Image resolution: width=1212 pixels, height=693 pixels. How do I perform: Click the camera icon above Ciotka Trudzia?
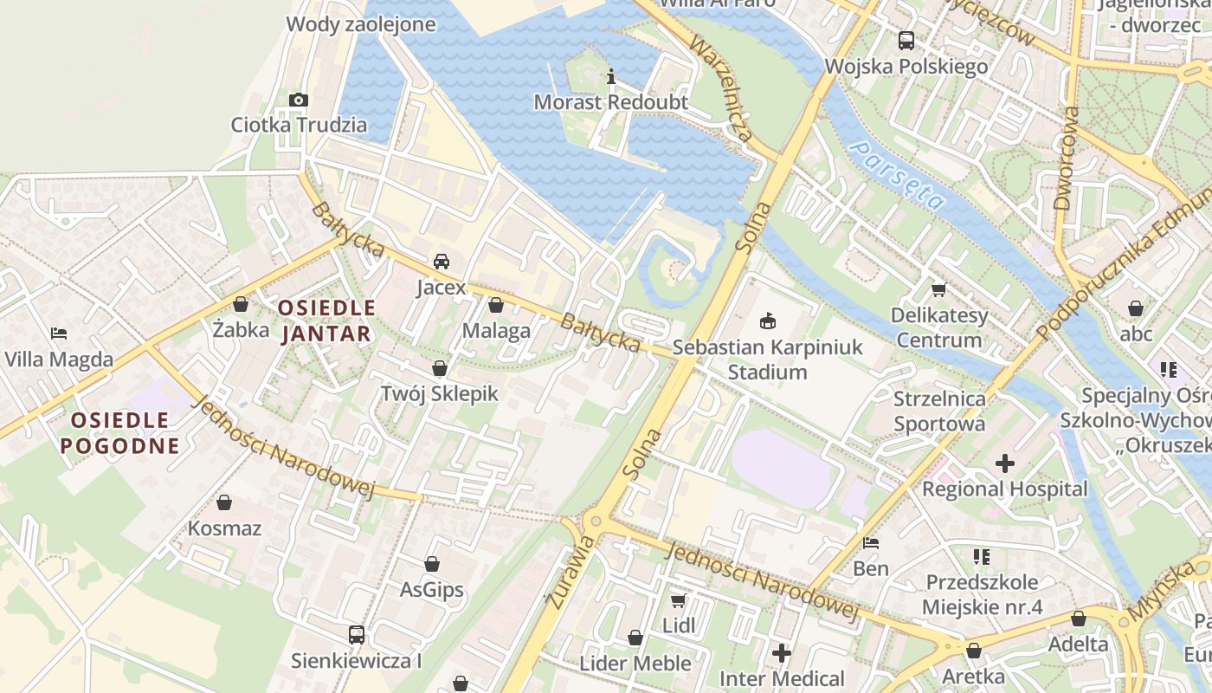pos(299,100)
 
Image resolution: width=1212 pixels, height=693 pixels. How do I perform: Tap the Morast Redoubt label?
pos(610,102)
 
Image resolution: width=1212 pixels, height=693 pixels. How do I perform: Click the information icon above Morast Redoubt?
pos(611,76)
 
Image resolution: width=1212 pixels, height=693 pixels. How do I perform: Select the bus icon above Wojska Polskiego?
pos(906,40)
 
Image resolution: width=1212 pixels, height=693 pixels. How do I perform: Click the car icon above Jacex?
pos(442,261)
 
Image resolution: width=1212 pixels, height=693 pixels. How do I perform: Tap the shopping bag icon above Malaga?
pos(496,305)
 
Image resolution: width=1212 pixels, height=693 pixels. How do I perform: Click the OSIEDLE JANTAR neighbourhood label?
pos(326,321)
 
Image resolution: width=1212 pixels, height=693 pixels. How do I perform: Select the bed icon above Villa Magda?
pos(59,333)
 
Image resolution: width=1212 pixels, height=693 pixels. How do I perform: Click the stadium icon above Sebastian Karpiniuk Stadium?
pos(767,321)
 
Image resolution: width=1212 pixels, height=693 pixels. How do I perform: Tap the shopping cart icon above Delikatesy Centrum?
pos(939,289)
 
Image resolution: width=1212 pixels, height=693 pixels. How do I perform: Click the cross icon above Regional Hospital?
pos(1004,463)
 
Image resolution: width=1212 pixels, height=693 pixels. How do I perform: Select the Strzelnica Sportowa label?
pos(939,411)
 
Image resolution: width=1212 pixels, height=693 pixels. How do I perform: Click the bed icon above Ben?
pos(871,543)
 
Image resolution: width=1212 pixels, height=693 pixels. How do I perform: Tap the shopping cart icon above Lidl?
pos(679,599)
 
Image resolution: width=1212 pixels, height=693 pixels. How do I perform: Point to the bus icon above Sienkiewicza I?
pos(356,635)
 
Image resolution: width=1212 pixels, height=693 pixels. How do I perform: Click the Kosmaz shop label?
pos(224,528)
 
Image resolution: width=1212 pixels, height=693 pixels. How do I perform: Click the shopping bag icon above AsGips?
pos(432,564)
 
